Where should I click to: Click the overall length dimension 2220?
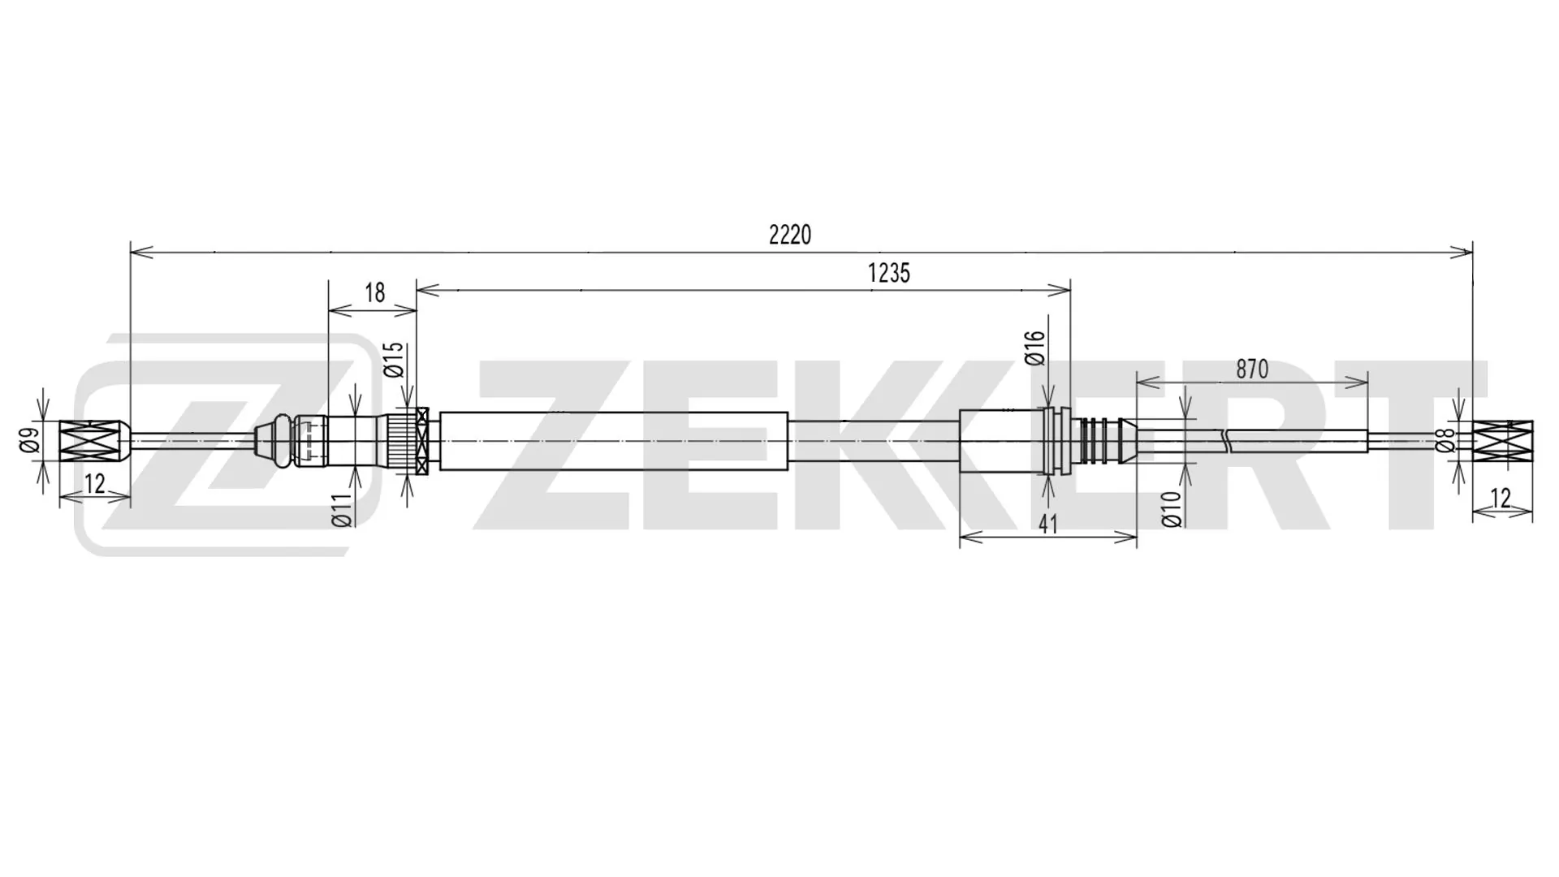789,235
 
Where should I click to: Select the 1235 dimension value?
888,274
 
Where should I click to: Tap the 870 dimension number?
1251,369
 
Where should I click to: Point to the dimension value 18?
374,293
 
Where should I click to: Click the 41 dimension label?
1048,525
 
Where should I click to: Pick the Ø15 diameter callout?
394,360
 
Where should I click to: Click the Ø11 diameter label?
343,509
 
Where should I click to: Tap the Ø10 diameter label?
1171,509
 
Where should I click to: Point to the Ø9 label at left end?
29,440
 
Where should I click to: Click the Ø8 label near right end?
1444,441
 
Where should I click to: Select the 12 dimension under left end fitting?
94,485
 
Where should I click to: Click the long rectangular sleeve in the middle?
613,441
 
